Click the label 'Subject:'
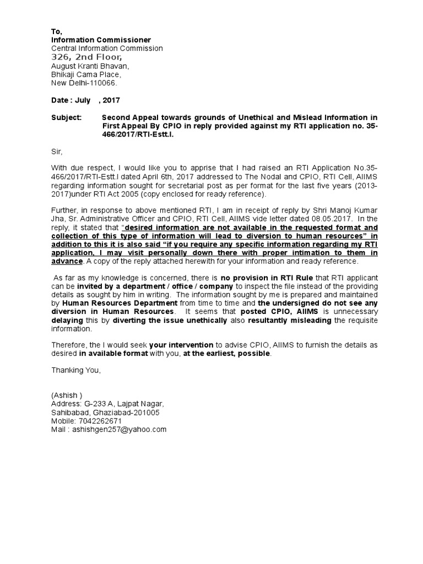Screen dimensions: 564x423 (66, 118)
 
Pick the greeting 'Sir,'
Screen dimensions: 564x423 (57, 150)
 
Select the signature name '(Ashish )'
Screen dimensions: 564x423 (67, 395)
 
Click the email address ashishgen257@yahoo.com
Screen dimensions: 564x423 (109, 429)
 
